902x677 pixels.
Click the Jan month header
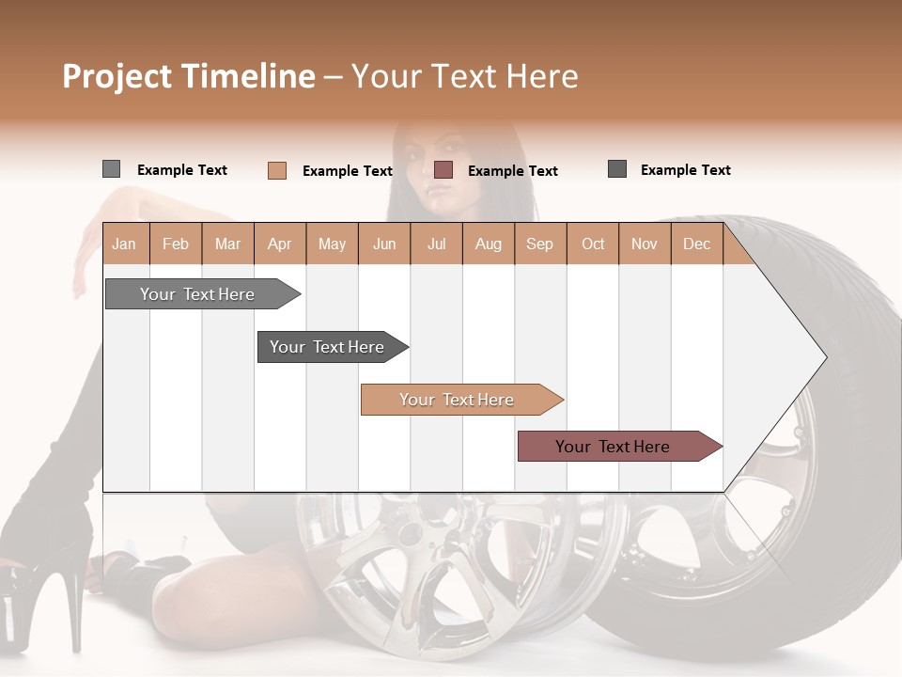pos(124,244)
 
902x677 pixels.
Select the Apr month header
pos(279,244)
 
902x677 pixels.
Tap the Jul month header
pos(436,244)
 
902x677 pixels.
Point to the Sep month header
pos(539,244)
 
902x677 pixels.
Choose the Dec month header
pos(696,244)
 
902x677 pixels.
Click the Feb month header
pos(176,244)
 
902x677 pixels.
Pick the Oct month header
pos(593,244)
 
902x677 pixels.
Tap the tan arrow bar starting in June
pos(458,400)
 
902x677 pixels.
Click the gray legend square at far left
pos(111,169)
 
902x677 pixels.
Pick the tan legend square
pos(276,170)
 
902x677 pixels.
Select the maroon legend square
pos(443,169)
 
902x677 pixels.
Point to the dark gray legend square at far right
pos(617,169)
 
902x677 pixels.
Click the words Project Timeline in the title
pos(188,76)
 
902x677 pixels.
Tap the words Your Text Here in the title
pos(464,76)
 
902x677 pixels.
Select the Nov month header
pos(645,244)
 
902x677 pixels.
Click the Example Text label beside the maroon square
pos(512,170)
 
